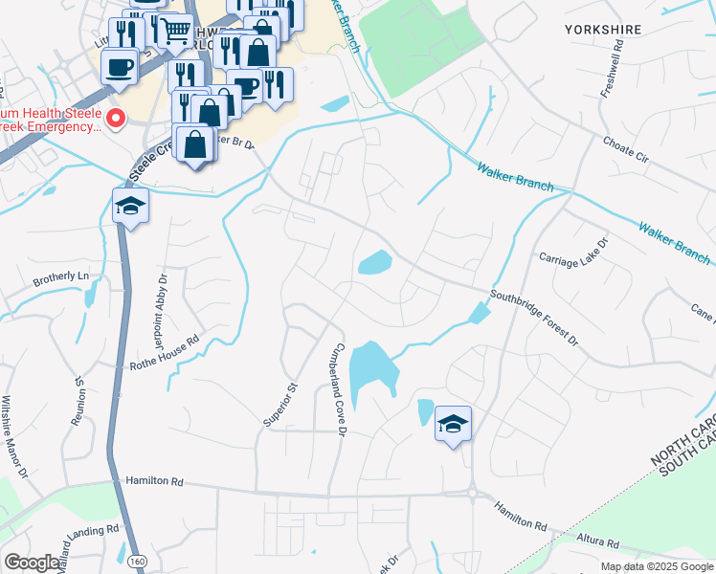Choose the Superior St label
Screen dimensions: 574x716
(x=281, y=406)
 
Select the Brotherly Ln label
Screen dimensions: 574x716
(x=60, y=277)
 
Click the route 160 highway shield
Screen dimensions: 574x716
(x=136, y=559)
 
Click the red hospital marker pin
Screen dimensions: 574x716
(x=116, y=120)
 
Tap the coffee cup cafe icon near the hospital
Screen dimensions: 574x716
(x=120, y=67)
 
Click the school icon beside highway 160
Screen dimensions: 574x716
(x=130, y=206)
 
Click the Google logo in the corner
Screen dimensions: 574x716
(x=32, y=563)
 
